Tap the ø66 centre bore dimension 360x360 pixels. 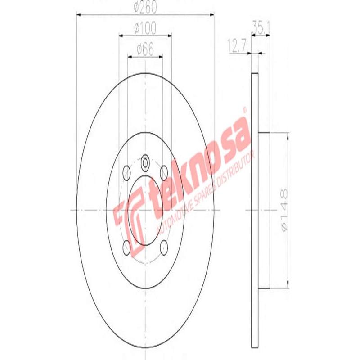(145, 49)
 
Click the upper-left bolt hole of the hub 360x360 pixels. (126, 171)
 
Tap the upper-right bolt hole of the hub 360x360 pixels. (164, 171)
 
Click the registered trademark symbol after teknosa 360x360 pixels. (245, 109)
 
